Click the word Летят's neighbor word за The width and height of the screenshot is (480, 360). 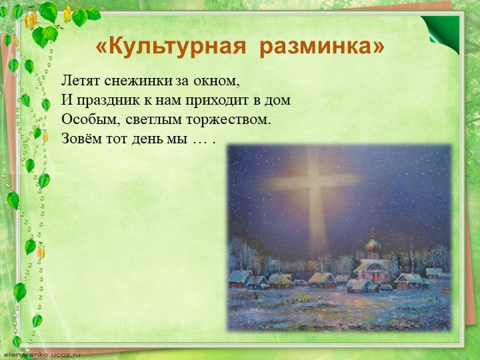click(181, 81)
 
